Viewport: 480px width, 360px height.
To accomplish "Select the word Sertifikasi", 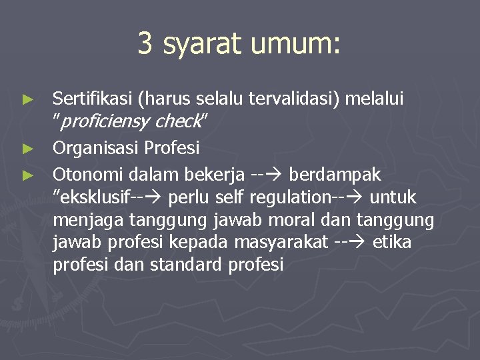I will click(91, 99).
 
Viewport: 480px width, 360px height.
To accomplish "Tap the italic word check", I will click(178, 122).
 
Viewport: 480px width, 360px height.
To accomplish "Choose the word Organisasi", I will click(96, 147).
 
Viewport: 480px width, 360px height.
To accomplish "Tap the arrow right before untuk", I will click(358, 197).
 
